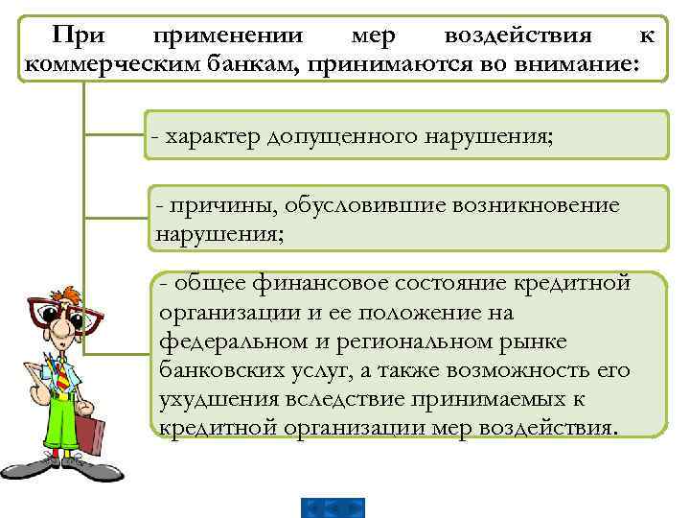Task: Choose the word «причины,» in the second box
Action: click(209, 205)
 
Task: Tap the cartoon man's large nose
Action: click(59, 331)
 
